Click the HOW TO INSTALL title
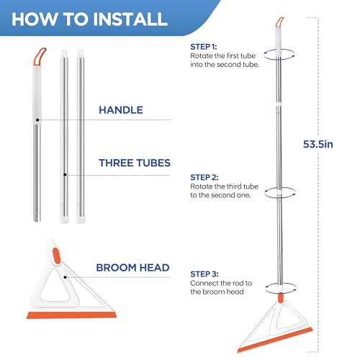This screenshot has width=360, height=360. point(89,19)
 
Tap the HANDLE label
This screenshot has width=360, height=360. point(121,110)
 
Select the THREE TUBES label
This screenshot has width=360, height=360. point(135,163)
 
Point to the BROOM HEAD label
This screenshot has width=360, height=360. point(132,268)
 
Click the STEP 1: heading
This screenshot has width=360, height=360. point(204,47)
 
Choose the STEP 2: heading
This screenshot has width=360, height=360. point(204,177)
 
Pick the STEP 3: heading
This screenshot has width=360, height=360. point(204,274)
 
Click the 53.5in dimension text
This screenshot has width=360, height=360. point(318,144)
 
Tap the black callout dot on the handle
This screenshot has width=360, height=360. point(37,120)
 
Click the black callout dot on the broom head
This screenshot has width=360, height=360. point(65,277)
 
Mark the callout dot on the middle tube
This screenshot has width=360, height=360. point(65,175)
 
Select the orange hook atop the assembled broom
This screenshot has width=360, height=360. point(279,22)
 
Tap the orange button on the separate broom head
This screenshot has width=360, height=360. point(56,256)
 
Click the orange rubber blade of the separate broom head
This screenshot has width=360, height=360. point(71,315)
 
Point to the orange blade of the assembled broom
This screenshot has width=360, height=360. point(275,340)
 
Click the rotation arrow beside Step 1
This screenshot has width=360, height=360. point(279,55)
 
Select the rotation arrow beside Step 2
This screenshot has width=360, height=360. point(280,193)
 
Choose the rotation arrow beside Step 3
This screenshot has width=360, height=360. point(281,288)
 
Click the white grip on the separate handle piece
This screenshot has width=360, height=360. point(37,95)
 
